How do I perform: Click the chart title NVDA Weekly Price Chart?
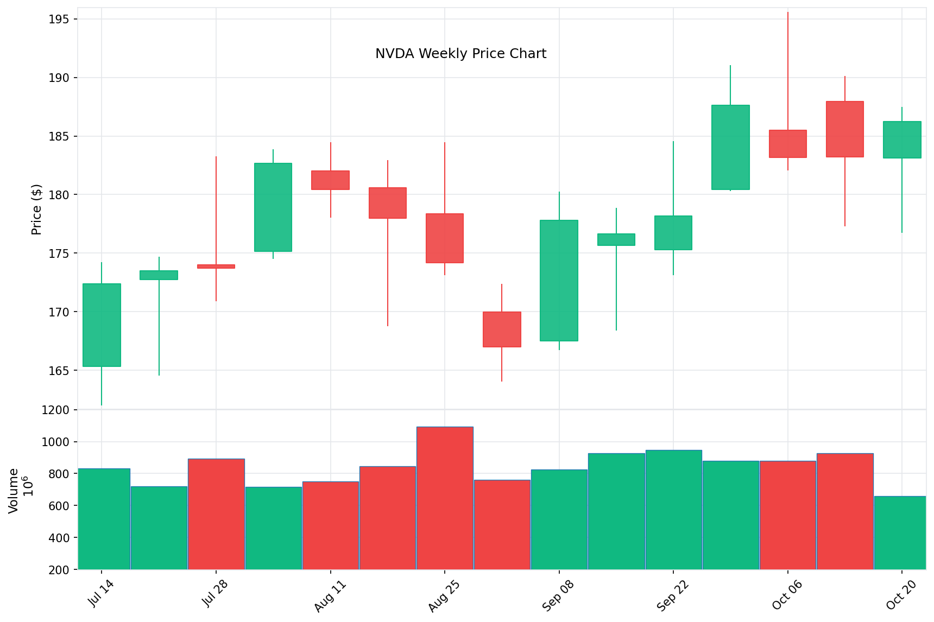(460, 54)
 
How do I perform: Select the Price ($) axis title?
(36, 210)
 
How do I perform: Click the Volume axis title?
(14, 490)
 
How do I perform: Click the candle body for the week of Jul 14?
(102, 325)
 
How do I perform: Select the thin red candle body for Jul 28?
(216, 266)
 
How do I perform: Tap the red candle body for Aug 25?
(445, 238)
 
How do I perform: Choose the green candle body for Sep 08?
(559, 281)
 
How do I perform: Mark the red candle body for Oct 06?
(787, 144)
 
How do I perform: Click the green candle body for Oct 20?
(902, 140)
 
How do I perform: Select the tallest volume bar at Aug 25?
(445, 498)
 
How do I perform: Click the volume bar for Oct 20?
(900, 532)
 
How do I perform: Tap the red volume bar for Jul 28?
(216, 514)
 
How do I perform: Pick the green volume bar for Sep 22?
(673, 510)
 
